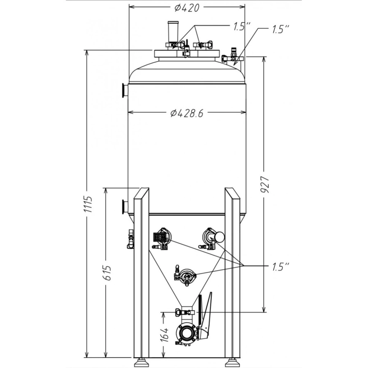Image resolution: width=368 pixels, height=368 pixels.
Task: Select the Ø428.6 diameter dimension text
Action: click(187, 114)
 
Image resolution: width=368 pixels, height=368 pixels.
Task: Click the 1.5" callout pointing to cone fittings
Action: click(280, 267)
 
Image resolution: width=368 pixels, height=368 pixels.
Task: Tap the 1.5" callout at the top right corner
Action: click(280, 29)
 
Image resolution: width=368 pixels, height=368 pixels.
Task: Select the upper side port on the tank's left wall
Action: click(124, 90)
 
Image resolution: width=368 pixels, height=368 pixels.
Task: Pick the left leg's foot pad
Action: click(141, 363)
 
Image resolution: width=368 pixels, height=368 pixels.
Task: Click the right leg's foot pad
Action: click(232, 363)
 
